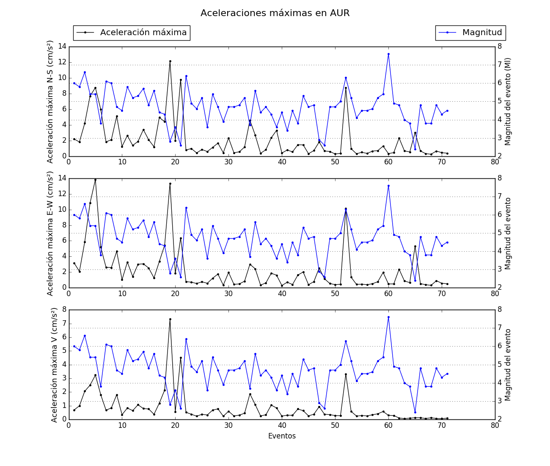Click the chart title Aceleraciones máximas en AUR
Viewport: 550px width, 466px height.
(275, 13)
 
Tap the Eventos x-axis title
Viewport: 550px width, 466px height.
(282, 436)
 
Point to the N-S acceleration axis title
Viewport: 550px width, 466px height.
(50, 102)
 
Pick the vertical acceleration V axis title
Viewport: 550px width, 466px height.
(54, 365)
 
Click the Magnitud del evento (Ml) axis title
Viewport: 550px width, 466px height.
(508, 102)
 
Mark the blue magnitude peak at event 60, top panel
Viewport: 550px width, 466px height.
(388, 54)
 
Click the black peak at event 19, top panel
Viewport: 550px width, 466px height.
(170, 61)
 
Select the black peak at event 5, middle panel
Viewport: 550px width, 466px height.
(95, 180)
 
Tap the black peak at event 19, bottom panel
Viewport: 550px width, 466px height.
(170, 319)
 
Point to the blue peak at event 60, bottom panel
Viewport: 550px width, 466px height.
(388, 317)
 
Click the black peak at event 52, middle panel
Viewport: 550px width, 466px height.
(346, 210)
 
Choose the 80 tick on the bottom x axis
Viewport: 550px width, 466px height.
(495, 425)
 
